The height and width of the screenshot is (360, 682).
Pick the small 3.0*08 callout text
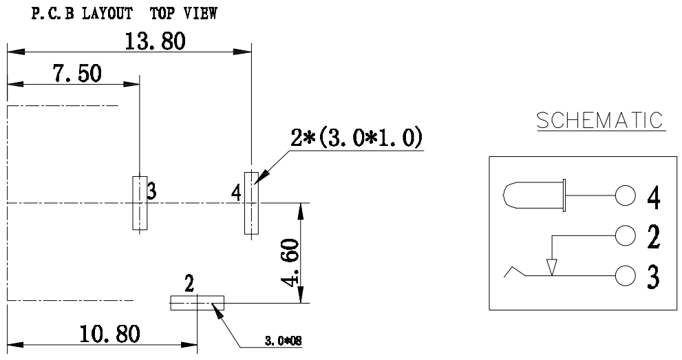pyautogui.click(x=285, y=340)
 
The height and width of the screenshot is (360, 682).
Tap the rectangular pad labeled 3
pyautogui.click(x=140, y=203)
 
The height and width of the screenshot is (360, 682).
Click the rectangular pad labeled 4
pyautogui.click(x=251, y=203)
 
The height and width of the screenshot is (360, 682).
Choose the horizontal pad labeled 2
pyautogui.click(x=197, y=303)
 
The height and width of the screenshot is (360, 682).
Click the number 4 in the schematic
pyautogui.click(x=654, y=198)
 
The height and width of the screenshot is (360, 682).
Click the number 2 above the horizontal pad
pyautogui.click(x=189, y=283)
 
